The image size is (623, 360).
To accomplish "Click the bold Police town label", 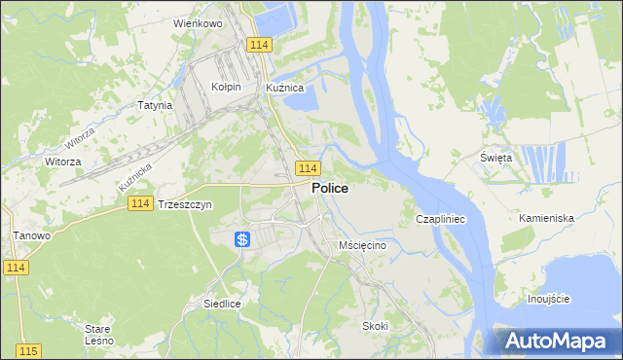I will click(x=330, y=190).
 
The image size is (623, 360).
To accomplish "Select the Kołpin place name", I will click(x=226, y=87).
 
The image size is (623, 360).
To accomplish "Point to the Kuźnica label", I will click(x=285, y=87).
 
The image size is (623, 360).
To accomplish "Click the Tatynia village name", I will click(x=155, y=105).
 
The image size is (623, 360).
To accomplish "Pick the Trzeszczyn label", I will click(x=185, y=204).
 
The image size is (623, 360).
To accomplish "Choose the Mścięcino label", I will click(x=362, y=245).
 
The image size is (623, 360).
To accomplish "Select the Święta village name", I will click(x=495, y=158).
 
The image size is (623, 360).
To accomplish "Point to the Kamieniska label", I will click(x=546, y=218).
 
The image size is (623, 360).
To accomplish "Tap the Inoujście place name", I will click(x=548, y=298).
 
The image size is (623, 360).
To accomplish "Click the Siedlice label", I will click(x=222, y=304).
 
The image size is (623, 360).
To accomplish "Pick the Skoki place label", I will click(x=375, y=325).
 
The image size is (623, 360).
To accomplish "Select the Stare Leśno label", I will click(x=99, y=335).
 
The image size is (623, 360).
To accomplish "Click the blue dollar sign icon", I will click(x=243, y=239).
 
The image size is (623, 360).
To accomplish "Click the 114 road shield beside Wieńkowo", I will click(x=258, y=46).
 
